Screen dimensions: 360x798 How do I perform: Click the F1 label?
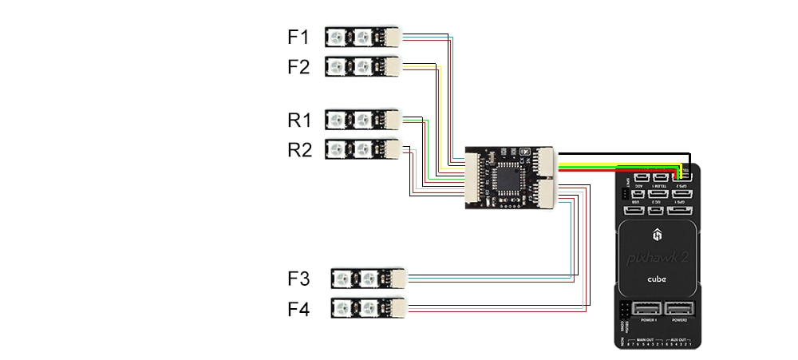(298, 37)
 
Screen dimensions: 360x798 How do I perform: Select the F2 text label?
(298, 67)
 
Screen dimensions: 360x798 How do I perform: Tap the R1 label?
(298, 121)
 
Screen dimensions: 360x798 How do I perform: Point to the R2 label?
(298, 149)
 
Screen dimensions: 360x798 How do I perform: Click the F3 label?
(298, 279)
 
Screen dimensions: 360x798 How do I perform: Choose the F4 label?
(298, 308)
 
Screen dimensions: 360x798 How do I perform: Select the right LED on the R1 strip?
(363, 121)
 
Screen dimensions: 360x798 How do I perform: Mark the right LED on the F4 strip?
(369, 308)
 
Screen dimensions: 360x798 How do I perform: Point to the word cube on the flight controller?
(658, 281)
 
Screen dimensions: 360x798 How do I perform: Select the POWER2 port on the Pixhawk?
(680, 309)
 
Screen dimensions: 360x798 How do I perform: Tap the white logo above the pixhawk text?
(658, 235)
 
